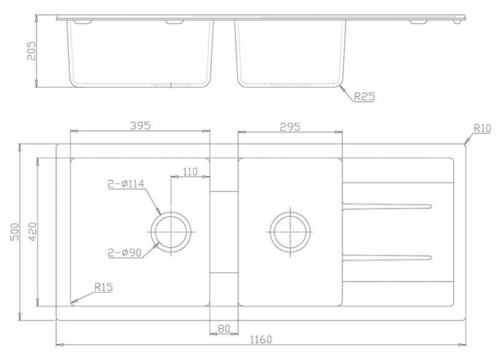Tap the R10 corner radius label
pos(482,129)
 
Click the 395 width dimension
pos(139,125)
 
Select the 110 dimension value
pos(190,171)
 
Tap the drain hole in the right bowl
pos(289,232)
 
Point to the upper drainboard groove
pos(386,206)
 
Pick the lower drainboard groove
pos(386,257)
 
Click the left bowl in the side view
pos(139,53)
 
